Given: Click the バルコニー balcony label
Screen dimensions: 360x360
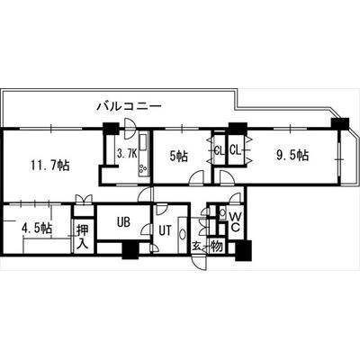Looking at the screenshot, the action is [x=130, y=106].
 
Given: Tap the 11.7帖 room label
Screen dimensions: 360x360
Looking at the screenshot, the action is [x=50, y=165].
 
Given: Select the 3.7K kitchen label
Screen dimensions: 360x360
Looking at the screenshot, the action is [x=127, y=154].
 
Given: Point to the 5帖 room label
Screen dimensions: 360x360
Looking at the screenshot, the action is [x=178, y=156].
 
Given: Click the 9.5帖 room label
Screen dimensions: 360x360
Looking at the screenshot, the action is [x=292, y=155].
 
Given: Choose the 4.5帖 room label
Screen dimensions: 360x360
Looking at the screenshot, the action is [x=37, y=229].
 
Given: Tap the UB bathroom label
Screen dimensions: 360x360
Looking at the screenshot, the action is [x=123, y=222].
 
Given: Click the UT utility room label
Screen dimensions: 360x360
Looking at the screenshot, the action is [x=165, y=230].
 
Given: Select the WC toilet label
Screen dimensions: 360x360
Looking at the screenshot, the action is [x=236, y=221].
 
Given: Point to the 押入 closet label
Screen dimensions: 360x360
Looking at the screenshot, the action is [x=82, y=237].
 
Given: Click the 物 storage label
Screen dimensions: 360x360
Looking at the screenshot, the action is [x=217, y=247].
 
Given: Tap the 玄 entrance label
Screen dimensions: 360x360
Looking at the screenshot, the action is [x=196, y=247].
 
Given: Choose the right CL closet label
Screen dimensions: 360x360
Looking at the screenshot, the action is [x=236, y=149].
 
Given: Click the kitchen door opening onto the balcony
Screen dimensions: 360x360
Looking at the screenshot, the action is [x=130, y=129].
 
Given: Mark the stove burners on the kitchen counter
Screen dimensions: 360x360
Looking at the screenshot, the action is [x=142, y=168].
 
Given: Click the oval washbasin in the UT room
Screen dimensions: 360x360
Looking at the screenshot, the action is [x=182, y=234].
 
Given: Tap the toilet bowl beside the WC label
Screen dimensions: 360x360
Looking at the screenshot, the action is [x=222, y=212].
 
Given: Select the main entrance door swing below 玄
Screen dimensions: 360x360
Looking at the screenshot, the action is [x=200, y=262].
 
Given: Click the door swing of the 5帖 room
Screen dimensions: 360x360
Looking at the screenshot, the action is [x=197, y=176].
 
